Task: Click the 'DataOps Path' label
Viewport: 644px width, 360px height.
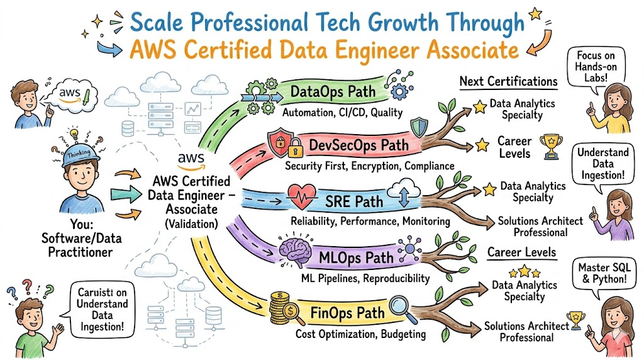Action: click(333, 91)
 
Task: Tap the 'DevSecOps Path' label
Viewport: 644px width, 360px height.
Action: click(358, 145)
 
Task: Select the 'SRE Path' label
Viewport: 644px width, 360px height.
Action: click(354, 201)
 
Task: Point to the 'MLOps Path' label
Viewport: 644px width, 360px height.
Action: click(356, 257)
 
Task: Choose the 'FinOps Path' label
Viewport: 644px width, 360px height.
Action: click(347, 313)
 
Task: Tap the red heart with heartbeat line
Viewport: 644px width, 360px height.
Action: click(302, 197)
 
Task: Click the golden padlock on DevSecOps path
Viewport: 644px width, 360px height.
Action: click(296, 148)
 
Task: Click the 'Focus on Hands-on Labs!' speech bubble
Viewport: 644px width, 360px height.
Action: click(596, 67)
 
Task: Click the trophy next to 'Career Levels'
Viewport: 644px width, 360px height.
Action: click(551, 147)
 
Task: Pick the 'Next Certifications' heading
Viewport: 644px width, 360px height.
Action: click(508, 81)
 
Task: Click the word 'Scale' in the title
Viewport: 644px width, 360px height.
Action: click(156, 22)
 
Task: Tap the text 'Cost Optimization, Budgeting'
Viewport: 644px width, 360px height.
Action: click(360, 334)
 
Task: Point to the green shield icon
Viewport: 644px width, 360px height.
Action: click(419, 127)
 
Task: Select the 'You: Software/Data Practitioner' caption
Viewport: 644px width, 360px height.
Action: click(80, 239)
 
